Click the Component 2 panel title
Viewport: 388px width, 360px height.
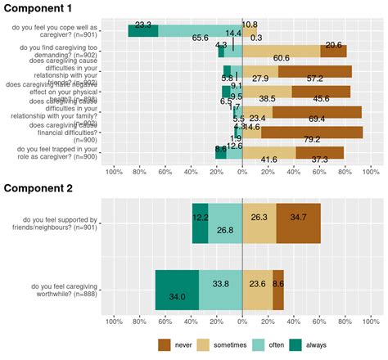click(45, 188)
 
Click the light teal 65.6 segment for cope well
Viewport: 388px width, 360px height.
click(200, 30)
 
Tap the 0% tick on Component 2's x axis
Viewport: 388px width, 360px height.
click(243, 321)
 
